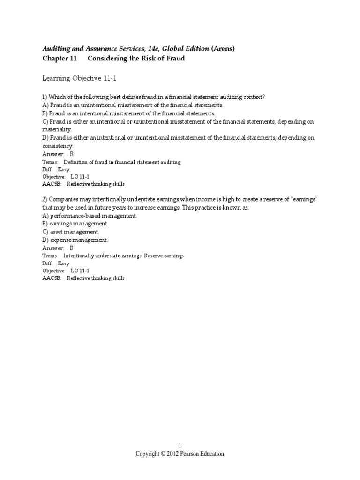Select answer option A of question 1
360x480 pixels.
click(133, 105)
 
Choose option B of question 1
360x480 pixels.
click(129, 113)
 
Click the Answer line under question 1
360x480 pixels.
click(58, 154)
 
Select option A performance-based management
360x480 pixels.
click(90, 216)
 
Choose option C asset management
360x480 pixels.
click(71, 232)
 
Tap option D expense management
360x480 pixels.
click(75, 240)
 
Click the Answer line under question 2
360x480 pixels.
click(58, 247)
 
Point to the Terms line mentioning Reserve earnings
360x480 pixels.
click(113, 255)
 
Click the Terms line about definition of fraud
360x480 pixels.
click(111, 162)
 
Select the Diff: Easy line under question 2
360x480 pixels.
click(56, 263)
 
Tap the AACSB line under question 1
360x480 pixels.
click(83, 184)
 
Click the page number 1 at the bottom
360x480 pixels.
click(180, 445)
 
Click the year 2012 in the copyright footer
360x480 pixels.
click(174, 454)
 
